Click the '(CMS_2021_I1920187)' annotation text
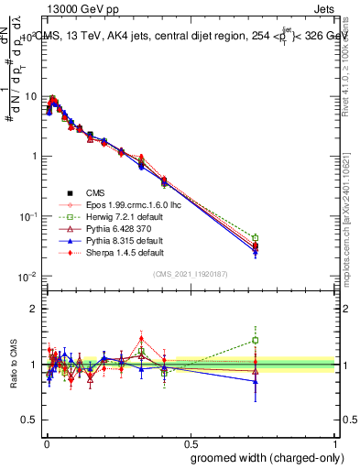click(190, 273)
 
